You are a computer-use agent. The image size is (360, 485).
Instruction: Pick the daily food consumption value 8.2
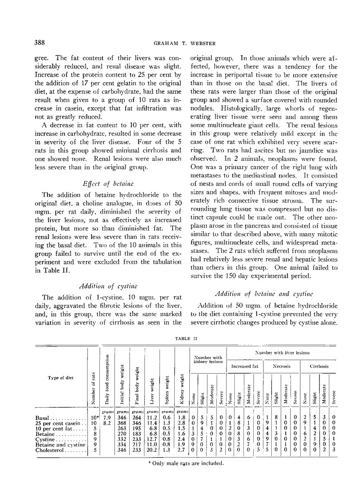click(108, 424)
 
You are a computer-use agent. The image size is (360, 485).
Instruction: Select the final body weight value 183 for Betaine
click(137, 434)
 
